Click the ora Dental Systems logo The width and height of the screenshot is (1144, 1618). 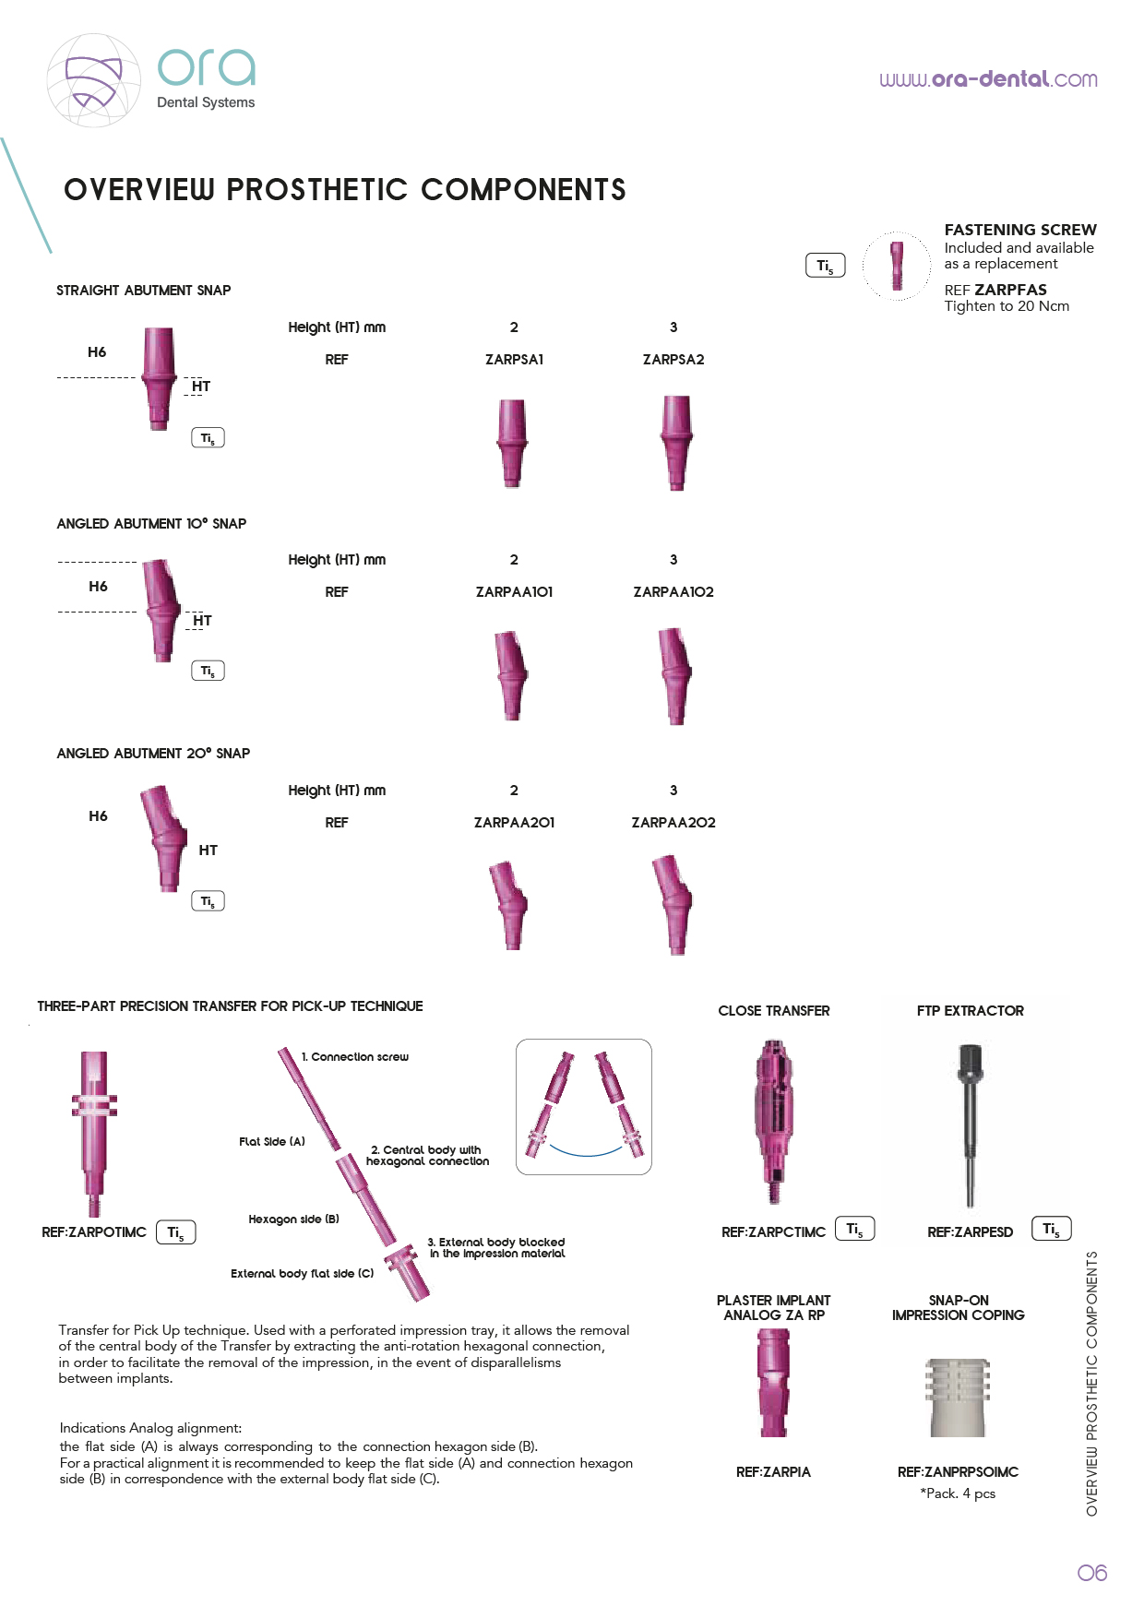tap(151, 80)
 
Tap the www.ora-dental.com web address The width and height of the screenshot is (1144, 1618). tap(988, 79)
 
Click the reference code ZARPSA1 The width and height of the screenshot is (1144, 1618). tap(514, 360)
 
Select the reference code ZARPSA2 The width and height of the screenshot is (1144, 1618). tap(673, 360)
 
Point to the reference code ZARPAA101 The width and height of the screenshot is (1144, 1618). tap(514, 592)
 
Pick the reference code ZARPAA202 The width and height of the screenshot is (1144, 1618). tap(673, 823)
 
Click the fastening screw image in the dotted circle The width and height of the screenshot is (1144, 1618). tap(897, 266)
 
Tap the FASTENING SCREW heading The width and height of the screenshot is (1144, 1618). tap(1020, 230)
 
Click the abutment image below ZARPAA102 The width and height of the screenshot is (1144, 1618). tap(676, 676)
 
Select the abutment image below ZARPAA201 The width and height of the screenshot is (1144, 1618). tap(509, 905)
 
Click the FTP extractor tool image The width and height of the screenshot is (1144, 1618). tap(969, 1125)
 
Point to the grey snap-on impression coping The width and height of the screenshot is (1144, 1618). tap(959, 1398)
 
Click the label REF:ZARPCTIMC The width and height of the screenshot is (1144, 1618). tap(773, 1232)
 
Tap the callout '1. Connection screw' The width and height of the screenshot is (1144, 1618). tap(355, 1057)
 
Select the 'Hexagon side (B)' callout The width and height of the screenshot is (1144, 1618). tap(294, 1219)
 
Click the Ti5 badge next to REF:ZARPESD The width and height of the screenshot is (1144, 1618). tap(1052, 1229)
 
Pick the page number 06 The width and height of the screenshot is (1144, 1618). tap(1092, 1573)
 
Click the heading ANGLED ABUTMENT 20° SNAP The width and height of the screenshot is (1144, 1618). tap(153, 754)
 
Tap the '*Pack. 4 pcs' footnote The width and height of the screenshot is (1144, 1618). tap(958, 1493)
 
